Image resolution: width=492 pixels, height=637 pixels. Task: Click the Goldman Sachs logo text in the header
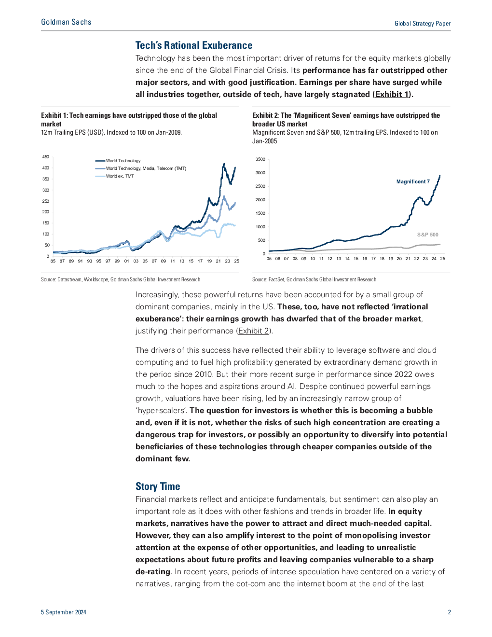click(66, 22)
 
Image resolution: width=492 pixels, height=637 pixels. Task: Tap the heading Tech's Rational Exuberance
click(194, 45)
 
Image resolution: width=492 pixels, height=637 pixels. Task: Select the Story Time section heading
click(158, 486)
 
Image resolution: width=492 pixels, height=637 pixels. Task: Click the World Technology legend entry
click(118, 161)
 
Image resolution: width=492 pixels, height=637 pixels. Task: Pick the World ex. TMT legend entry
click(115, 176)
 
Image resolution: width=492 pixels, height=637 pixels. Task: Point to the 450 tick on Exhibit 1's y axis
click(46, 157)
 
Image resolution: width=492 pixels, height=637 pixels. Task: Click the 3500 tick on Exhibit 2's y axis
click(260, 159)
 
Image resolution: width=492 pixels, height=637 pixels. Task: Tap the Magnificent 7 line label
click(413, 182)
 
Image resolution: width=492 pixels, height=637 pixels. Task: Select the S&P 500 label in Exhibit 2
click(428, 235)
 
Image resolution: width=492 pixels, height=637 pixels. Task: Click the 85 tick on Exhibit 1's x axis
click(53, 261)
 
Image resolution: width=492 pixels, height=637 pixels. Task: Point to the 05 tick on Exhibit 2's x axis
click(269, 259)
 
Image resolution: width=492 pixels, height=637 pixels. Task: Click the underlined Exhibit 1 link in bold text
click(392, 95)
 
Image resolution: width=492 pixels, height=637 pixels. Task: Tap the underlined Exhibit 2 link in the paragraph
click(253, 331)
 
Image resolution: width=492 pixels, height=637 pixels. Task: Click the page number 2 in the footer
click(449, 612)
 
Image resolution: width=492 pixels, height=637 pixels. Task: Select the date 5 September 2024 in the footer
click(64, 612)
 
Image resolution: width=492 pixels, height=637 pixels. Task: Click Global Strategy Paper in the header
click(423, 24)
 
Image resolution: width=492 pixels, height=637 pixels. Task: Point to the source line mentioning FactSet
click(314, 280)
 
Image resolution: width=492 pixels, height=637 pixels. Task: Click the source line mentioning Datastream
click(121, 280)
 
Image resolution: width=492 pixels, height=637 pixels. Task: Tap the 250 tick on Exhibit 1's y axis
click(46, 201)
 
